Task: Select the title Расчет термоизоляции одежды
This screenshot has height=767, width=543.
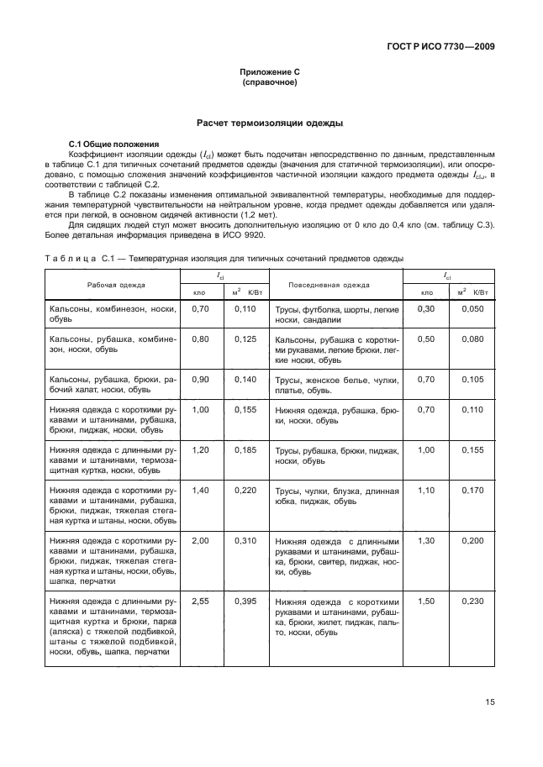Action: [x=269, y=123]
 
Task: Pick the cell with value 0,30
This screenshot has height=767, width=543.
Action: [x=426, y=309]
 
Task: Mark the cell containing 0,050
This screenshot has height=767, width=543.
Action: [x=472, y=309]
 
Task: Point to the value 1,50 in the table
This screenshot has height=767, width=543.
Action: [x=426, y=602]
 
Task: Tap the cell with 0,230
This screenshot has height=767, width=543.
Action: [x=472, y=602]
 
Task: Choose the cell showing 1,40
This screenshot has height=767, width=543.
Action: [x=200, y=489]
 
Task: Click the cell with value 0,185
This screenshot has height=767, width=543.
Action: [x=245, y=449]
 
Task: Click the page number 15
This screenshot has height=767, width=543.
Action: [x=488, y=702]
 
